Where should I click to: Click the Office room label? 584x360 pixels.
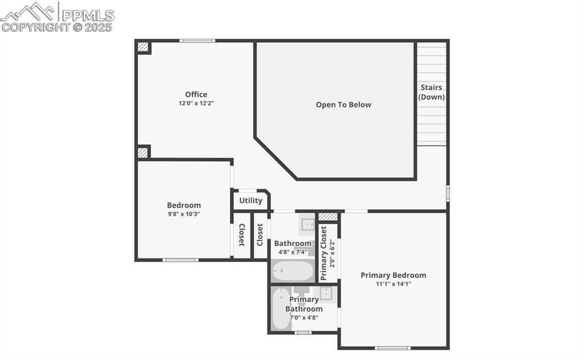pos(196,95)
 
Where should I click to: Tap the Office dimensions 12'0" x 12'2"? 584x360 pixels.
pos(196,104)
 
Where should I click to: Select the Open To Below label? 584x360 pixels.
pos(343,105)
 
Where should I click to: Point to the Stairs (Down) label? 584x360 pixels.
pos(431,92)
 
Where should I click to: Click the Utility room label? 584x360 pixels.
pos(251,201)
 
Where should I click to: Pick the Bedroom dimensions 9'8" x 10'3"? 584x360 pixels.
pos(184,215)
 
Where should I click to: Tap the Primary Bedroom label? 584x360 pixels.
pos(393,275)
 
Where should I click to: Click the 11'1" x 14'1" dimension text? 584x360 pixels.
pos(393,284)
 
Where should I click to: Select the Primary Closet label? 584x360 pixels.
pos(324,253)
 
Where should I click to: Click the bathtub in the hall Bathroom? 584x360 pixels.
pos(293,270)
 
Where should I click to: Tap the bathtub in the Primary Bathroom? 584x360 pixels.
pos(280,309)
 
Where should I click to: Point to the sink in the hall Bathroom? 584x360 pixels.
pos(307,224)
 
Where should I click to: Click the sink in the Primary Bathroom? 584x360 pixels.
pos(326,293)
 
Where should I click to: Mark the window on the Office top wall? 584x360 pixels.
pos(197,41)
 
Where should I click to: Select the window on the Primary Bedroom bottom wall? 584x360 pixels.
pos(392,347)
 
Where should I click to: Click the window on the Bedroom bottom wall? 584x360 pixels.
pos(180,260)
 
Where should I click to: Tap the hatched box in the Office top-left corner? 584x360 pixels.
pos(143,47)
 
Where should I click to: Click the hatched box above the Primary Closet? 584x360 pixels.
pos(328,217)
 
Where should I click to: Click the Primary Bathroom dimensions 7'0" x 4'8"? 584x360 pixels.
pos(304,318)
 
